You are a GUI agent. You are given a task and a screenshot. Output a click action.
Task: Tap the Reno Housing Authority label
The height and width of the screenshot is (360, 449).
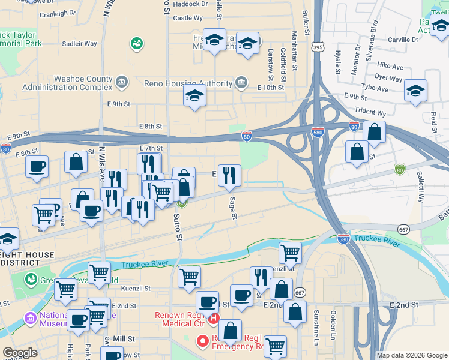189,82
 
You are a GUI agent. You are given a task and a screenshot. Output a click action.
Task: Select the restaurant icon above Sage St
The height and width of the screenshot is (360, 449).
229,175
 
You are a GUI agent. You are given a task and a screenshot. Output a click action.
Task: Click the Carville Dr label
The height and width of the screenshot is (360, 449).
402,40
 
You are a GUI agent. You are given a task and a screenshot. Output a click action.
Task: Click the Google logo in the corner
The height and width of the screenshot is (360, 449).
20,353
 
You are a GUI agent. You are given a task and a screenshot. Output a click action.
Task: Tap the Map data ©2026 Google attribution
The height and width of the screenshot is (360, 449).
411,355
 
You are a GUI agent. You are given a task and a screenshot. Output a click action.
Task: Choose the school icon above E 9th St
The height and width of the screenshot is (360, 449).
194,95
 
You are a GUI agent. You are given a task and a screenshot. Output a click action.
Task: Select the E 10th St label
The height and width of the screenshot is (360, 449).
270,88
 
